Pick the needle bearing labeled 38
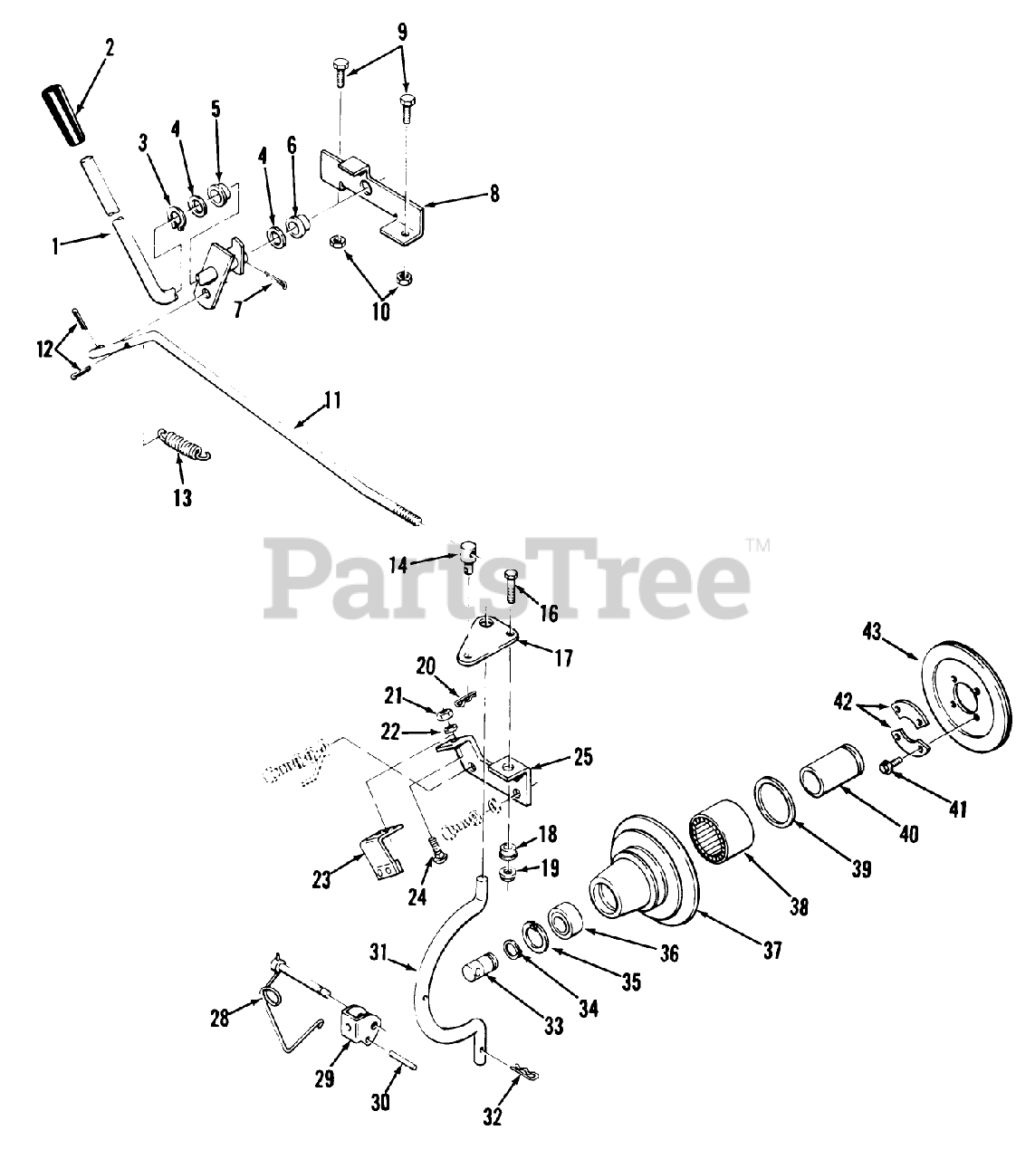tap(722, 836)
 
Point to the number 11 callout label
tap(332, 399)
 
